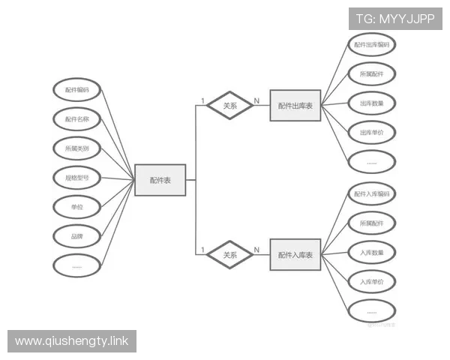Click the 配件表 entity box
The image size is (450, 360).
click(x=160, y=180)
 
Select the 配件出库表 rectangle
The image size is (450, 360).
click(x=295, y=106)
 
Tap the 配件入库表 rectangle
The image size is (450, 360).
click(x=295, y=256)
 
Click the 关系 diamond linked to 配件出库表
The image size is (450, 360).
click(x=230, y=106)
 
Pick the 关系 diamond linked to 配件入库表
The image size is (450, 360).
click(x=230, y=256)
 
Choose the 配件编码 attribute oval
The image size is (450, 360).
click(x=76, y=90)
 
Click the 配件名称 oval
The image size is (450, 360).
click(x=76, y=119)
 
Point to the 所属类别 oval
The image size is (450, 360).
click(x=76, y=148)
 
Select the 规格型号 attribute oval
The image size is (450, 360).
click(x=76, y=178)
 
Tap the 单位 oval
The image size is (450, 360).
click(x=76, y=207)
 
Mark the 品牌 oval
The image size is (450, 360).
click(x=76, y=236)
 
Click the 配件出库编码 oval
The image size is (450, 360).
click(x=372, y=45)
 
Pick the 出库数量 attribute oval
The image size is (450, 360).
click(x=372, y=103)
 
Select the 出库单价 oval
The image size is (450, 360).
click(x=372, y=133)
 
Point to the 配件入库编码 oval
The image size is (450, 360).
click(x=372, y=194)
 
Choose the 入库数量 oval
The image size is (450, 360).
click(x=372, y=253)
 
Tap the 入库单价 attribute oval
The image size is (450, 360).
click(x=372, y=282)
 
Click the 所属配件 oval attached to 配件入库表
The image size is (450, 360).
click(x=372, y=223)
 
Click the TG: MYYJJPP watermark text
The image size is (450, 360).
click(x=394, y=19)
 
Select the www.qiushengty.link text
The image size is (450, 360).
click(x=72, y=341)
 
